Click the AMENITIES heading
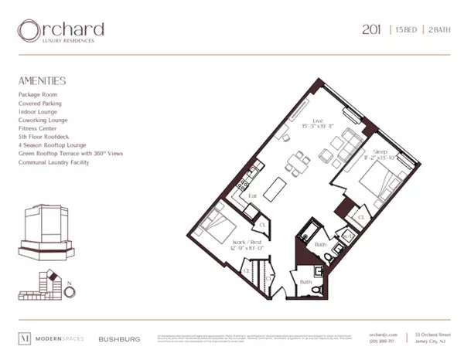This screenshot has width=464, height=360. coord(43,80)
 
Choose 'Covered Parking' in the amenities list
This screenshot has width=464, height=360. coord(40,103)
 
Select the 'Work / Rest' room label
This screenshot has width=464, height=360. coord(246,241)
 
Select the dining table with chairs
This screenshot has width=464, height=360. coord(297,163)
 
